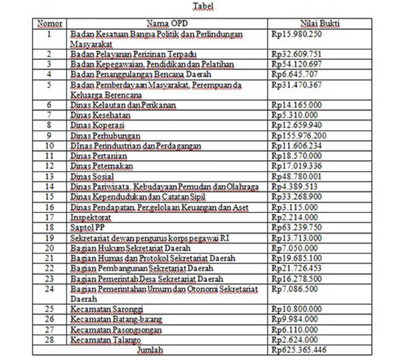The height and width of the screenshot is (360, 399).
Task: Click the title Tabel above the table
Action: (203, 7)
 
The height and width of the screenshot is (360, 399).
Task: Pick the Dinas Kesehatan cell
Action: (94, 114)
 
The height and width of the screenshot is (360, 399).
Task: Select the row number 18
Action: (49, 227)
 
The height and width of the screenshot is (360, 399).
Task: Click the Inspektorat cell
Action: (89, 217)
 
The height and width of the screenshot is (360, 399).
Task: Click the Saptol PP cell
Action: (85, 227)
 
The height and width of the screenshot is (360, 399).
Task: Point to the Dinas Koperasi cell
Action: (92, 124)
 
